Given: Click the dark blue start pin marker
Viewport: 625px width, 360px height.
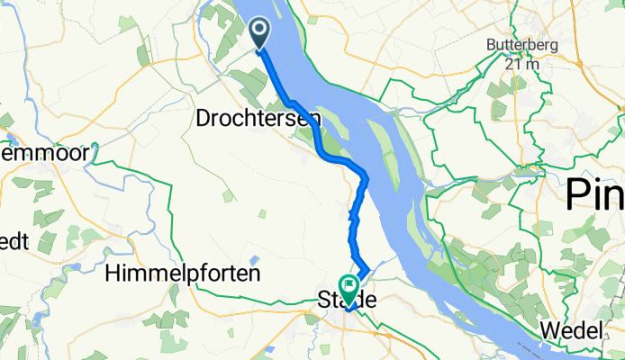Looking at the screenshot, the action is [x=259, y=35].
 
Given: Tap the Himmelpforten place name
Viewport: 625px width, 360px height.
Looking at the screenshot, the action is [x=183, y=271].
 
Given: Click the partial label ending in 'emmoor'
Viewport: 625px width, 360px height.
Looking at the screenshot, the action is [x=44, y=154].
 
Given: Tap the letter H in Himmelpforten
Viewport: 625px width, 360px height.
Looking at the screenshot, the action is [x=113, y=271].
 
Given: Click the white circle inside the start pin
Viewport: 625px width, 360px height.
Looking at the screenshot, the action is [x=259, y=32].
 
